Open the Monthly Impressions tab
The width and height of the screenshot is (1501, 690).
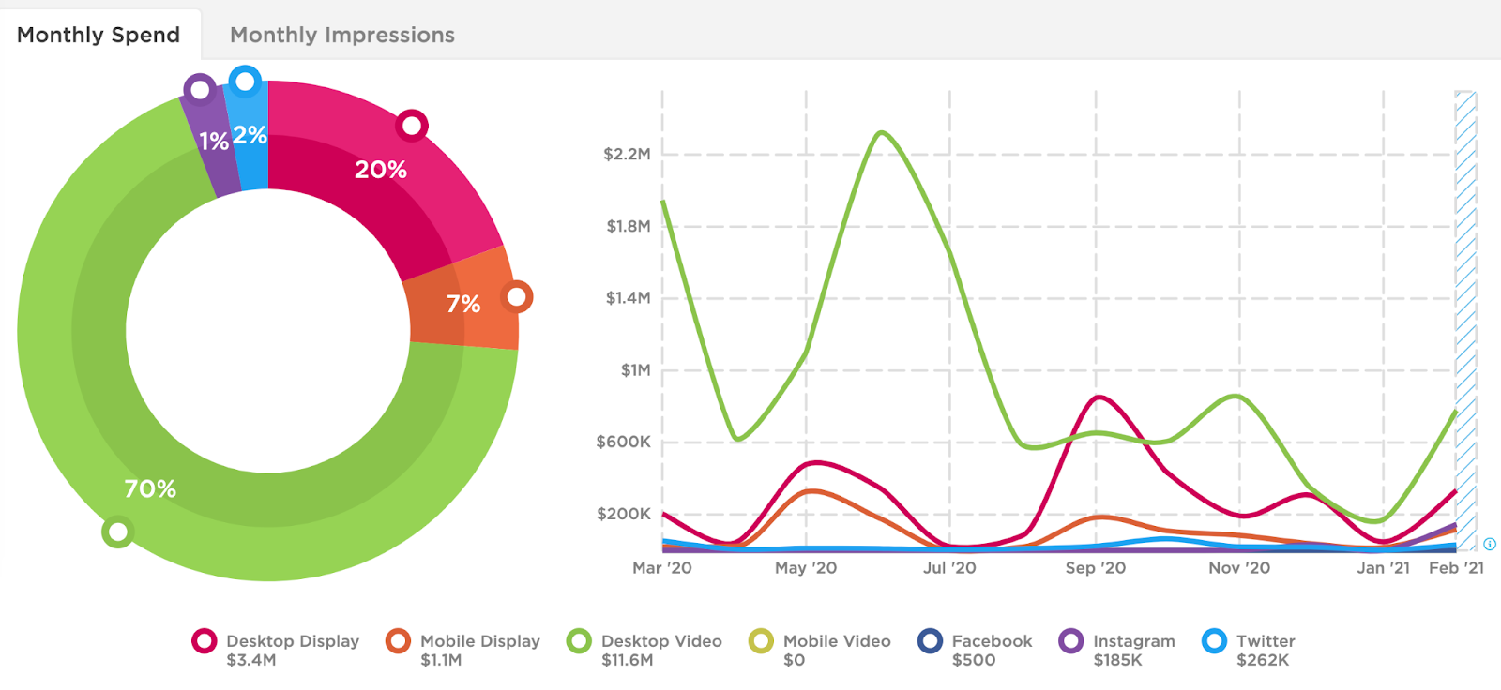click(342, 35)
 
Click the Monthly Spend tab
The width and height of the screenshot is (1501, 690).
click(99, 35)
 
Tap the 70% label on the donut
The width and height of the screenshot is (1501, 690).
click(150, 488)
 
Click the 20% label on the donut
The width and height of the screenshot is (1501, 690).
click(380, 170)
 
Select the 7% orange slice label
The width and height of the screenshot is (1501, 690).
click(462, 304)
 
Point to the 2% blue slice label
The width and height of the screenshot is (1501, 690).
click(250, 135)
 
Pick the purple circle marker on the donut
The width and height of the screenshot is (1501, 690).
click(200, 90)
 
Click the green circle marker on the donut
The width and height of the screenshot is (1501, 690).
click(117, 532)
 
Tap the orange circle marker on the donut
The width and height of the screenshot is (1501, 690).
click(516, 297)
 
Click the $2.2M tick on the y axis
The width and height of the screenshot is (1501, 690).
click(627, 154)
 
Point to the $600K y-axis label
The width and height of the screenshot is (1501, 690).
click(623, 442)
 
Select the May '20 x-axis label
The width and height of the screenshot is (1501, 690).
click(806, 568)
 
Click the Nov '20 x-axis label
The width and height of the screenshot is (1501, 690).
click(1238, 568)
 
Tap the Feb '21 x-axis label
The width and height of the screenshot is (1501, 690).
click(1456, 568)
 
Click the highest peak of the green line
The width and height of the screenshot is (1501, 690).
click(881, 132)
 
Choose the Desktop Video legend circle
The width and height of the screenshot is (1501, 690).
click(579, 641)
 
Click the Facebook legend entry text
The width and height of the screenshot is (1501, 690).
click(992, 641)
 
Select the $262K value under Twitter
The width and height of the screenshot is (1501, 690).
click(1263, 660)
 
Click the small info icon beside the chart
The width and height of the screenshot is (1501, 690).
click(1490, 545)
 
